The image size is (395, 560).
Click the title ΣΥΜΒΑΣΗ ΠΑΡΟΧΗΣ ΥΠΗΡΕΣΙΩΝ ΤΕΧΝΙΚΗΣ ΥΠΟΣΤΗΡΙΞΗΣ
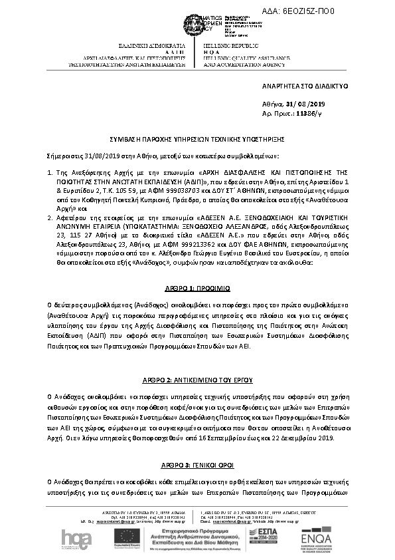point(198,141)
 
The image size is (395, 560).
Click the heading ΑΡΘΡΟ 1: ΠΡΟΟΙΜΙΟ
point(197,289)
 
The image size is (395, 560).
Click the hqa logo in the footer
point(73,537)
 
